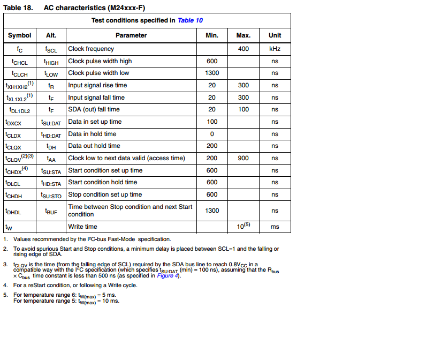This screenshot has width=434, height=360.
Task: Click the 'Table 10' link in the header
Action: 190,20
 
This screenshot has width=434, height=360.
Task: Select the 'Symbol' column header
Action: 20,35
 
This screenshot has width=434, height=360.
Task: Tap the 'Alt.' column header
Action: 51,35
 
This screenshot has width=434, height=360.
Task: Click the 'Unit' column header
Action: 275,35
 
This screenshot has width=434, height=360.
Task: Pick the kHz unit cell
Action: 275,49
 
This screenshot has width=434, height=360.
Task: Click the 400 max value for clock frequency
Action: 243,49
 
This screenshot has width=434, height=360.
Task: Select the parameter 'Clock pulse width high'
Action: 100,61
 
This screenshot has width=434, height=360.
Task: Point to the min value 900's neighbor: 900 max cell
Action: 243,158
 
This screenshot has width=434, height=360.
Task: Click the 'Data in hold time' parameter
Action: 92,134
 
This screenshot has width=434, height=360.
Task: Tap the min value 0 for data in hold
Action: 212,134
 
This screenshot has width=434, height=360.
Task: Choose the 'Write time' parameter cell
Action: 83,227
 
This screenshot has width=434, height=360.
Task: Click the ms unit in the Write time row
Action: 275,227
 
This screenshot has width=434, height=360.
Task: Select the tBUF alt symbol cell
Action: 51,211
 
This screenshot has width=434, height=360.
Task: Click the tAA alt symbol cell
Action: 51,159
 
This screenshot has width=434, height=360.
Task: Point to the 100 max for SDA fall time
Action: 243,109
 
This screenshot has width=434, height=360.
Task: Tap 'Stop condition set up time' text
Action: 105,194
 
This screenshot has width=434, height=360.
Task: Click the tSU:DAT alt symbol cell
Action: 51,122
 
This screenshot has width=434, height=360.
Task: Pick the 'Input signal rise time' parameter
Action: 97,85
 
